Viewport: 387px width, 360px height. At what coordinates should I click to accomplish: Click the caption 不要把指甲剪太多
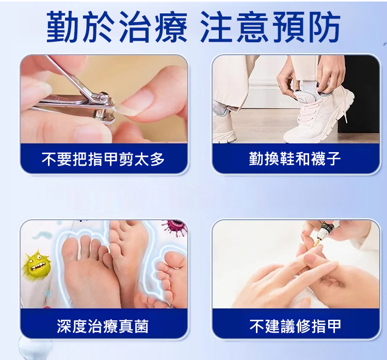[x=103, y=159]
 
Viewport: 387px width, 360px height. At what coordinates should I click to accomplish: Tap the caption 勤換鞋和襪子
[x=295, y=159]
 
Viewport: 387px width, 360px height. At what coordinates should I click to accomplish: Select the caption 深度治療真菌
[x=103, y=326]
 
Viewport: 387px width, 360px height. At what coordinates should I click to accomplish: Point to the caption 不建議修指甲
[x=295, y=326]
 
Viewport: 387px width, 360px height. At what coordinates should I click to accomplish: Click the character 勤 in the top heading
[x=62, y=26]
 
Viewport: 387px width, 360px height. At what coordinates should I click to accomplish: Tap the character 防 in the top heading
[x=325, y=26]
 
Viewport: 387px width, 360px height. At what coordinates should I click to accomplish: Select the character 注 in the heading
[x=216, y=26]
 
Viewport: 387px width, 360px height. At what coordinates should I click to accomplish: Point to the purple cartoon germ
[x=175, y=227]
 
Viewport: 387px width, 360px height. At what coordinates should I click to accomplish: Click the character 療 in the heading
[x=171, y=26]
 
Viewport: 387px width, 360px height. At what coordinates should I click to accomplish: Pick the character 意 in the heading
[x=252, y=26]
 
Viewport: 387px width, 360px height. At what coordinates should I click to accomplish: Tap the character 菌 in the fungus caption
[x=141, y=326]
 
